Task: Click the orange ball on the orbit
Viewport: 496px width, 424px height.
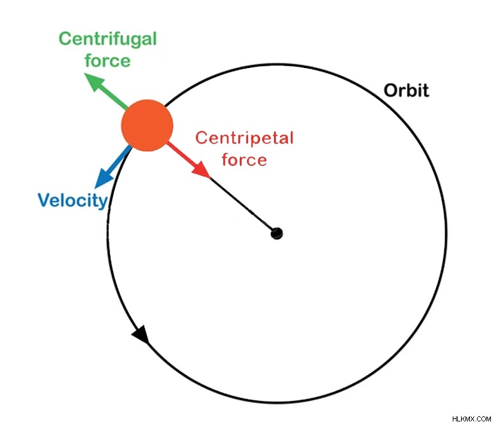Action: click(147, 125)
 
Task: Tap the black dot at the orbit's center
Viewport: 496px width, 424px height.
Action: click(277, 234)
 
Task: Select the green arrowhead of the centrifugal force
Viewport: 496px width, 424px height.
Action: click(94, 81)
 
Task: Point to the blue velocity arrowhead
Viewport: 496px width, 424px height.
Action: click(104, 179)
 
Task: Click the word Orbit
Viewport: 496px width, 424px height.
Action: click(406, 90)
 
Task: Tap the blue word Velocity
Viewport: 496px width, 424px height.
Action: click(73, 200)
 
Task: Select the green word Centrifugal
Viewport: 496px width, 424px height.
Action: click(108, 39)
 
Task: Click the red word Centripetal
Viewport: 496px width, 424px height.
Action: click(245, 138)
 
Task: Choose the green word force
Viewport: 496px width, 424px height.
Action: click(107, 60)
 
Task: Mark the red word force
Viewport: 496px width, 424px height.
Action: click(244, 160)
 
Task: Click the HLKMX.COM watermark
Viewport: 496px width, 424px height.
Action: click(472, 419)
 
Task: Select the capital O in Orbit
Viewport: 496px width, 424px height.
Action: click(391, 90)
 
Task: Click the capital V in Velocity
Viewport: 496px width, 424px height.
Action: click(45, 200)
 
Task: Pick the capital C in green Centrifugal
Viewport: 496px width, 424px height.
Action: click(65, 39)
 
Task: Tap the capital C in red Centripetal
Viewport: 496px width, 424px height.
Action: click(202, 138)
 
